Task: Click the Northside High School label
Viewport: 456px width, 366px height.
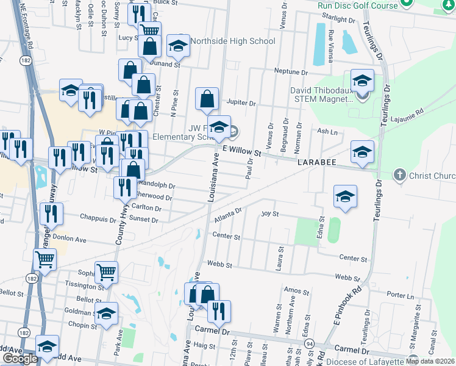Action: (x=232, y=41)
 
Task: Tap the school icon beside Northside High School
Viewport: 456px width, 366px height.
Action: (x=178, y=46)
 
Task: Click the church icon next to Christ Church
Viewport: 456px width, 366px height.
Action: (x=399, y=175)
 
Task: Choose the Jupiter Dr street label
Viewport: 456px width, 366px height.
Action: (x=241, y=103)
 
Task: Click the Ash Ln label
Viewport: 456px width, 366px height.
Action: (x=327, y=131)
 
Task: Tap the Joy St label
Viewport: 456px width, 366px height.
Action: (x=269, y=214)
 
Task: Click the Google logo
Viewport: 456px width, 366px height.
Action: (x=20, y=359)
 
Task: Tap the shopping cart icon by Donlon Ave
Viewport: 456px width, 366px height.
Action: (x=45, y=260)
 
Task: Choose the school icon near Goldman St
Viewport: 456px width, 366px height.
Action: (x=107, y=315)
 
